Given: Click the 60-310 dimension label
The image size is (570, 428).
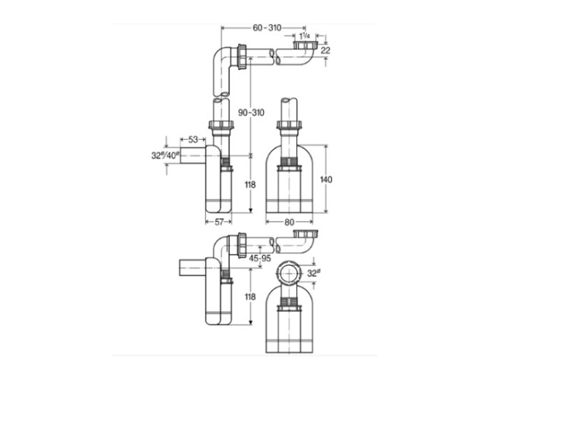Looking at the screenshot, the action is coord(268,27).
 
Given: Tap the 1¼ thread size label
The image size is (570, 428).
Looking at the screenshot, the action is coord(305,36).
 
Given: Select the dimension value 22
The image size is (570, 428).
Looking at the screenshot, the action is coord(326,50).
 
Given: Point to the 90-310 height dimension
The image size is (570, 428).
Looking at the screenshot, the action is coord(252,113).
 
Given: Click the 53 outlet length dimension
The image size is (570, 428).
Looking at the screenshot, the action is coord(193,140).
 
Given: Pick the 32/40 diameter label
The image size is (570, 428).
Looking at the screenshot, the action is coord(166,156).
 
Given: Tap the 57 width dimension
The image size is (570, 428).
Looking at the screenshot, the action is coord(219,222).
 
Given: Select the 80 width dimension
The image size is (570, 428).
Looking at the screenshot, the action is coord(290,222).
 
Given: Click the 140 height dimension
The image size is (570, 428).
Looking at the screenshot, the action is coord(326,179).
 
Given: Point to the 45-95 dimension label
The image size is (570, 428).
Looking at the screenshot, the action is coord(260,258).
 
